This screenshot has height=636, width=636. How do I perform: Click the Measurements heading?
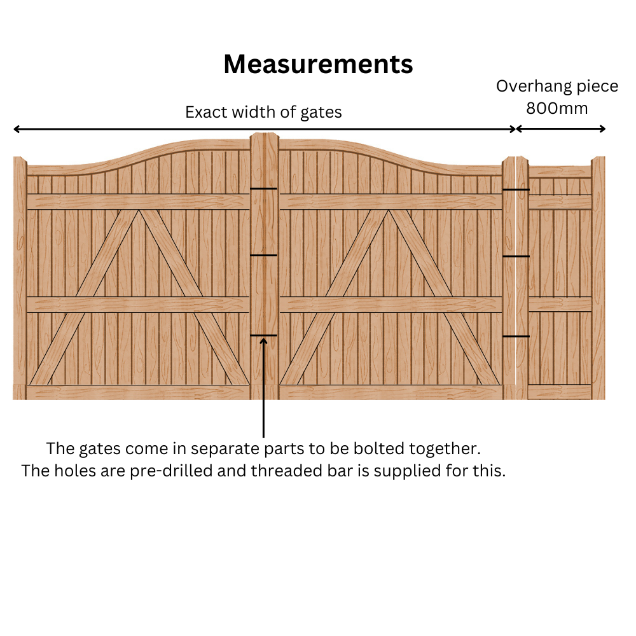[x=318, y=64]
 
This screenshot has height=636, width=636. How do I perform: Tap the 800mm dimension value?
[x=557, y=108]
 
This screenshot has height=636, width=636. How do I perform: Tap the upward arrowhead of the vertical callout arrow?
[x=263, y=342]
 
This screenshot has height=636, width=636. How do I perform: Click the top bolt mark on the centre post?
[x=263, y=189]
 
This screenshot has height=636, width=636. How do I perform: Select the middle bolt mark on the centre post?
[x=263, y=255]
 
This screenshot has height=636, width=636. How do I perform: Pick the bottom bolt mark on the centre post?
[x=263, y=335]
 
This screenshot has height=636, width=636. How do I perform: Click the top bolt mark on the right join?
[x=516, y=190]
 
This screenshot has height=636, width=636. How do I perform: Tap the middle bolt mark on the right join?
[x=516, y=256]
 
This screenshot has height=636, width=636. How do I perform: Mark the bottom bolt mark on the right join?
[x=516, y=336]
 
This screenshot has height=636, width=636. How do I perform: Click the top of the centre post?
[x=264, y=136]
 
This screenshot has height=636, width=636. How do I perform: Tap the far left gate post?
[x=20, y=273]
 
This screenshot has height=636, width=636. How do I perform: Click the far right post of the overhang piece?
[x=598, y=273]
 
